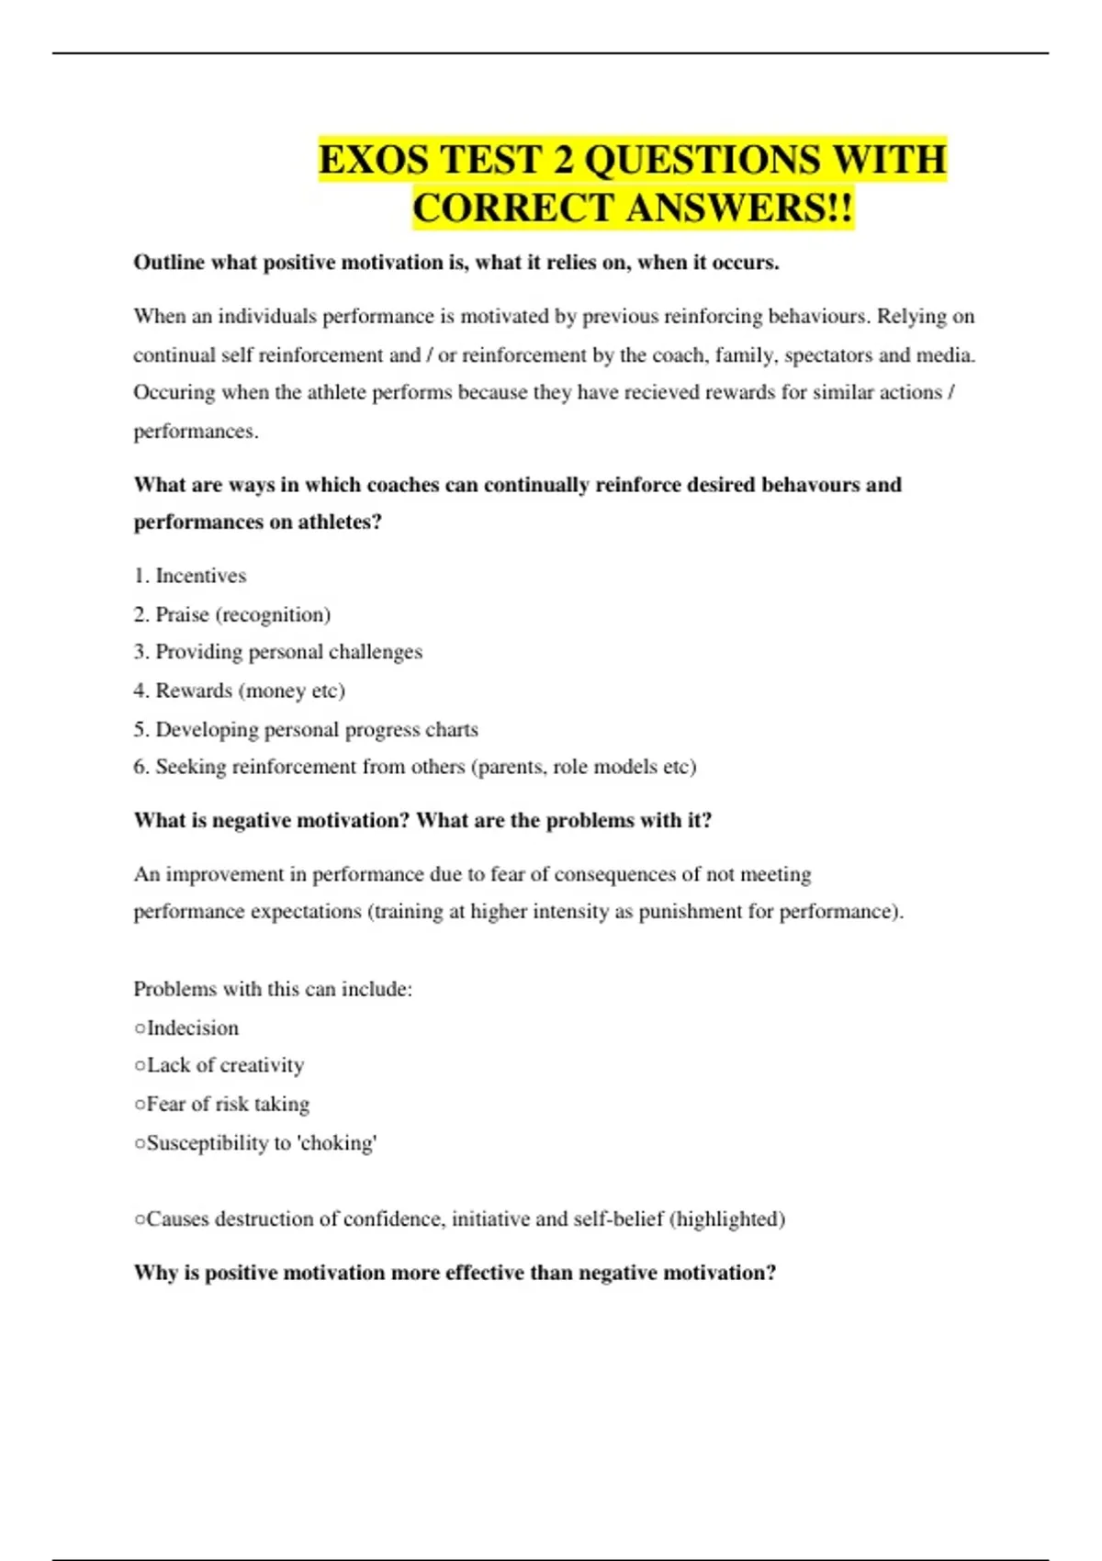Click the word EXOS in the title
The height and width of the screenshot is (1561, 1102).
[x=372, y=160]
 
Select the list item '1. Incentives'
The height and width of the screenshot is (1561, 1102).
[x=190, y=576]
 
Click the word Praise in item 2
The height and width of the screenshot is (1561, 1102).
[x=182, y=614]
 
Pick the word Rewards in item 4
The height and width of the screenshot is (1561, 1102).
[x=193, y=691]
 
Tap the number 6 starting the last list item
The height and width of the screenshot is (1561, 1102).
[x=140, y=767]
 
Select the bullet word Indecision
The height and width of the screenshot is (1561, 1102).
[x=192, y=1028]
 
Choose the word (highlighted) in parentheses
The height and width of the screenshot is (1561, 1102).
[x=727, y=1219]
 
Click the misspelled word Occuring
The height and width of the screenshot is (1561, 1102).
[x=174, y=393]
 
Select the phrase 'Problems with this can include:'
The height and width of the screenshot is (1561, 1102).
[x=273, y=989]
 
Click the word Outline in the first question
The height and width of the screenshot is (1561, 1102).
[x=169, y=263]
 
